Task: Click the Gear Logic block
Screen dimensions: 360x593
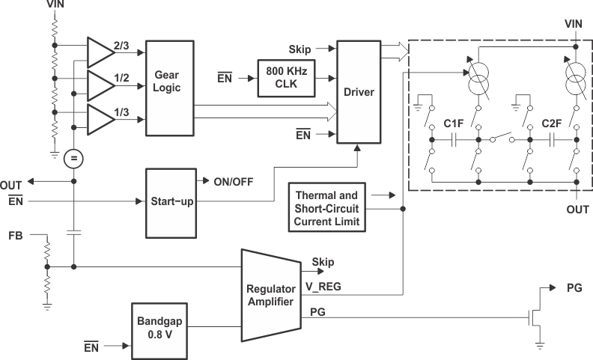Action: pyautogui.click(x=169, y=87)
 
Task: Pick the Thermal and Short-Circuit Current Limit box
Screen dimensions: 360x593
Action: pyautogui.click(x=331, y=207)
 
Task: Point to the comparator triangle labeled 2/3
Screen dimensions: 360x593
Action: pyautogui.click(x=100, y=51)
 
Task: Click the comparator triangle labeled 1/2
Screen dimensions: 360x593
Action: pyautogui.click(x=100, y=85)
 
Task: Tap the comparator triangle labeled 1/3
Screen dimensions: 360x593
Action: pyautogui.click(x=100, y=118)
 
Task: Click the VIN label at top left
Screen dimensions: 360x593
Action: pyautogui.click(x=55, y=7)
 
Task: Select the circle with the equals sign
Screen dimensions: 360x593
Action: pyautogui.click(x=74, y=159)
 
